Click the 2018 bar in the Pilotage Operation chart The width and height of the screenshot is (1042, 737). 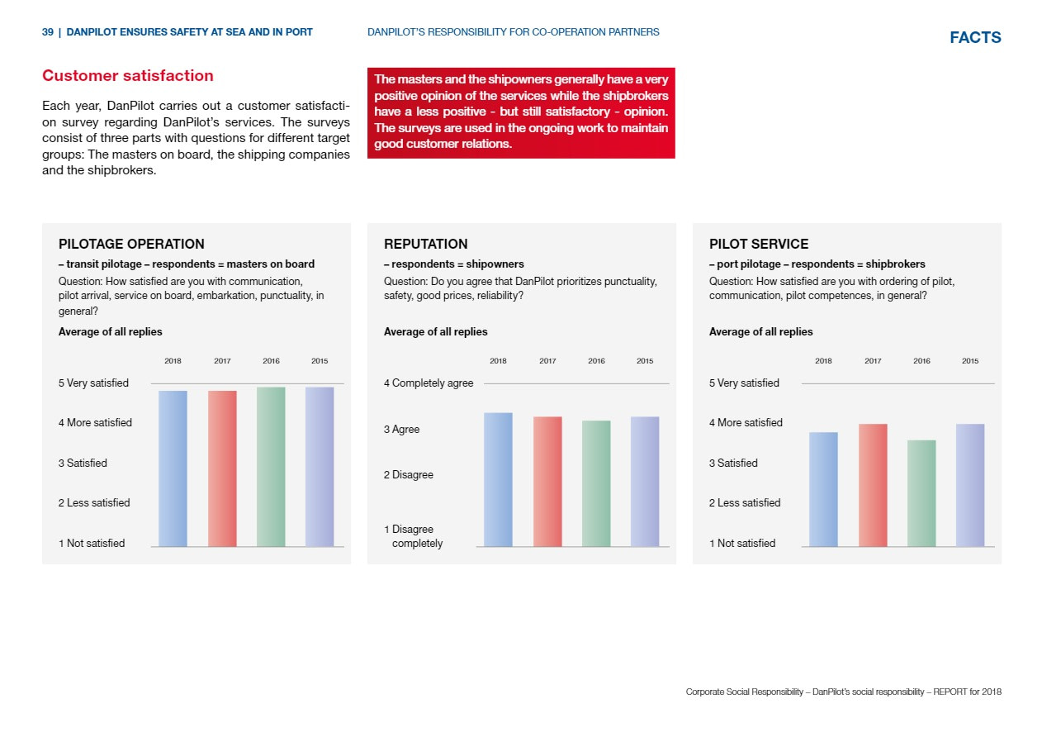[x=173, y=468]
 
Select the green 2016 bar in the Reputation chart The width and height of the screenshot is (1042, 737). [x=596, y=483]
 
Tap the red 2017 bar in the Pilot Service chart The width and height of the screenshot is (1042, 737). [x=873, y=485]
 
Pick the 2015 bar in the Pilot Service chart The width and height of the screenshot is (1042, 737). [x=970, y=485]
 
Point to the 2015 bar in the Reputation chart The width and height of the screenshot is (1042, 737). [x=645, y=482]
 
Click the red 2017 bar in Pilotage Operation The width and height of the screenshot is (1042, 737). [x=222, y=468]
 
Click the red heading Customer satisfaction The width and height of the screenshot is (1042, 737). [x=128, y=75]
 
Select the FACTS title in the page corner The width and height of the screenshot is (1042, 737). [x=975, y=37]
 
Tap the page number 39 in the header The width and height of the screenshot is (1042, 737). [x=47, y=32]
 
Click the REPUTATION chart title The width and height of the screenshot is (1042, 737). [x=426, y=244]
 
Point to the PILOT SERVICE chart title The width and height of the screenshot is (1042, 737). [x=759, y=244]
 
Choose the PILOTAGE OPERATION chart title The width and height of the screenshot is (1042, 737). [x=131, y=244]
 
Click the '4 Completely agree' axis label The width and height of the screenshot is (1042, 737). [x=429, y=383]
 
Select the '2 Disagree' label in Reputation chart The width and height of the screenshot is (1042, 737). [x=409, y=475]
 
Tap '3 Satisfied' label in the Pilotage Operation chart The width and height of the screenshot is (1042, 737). [x=83, y=464]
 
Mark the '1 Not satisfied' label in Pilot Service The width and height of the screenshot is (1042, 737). [x=742, y=544]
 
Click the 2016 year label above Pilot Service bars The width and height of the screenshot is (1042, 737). [x=921, y=361]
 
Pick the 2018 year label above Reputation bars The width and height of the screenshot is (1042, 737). [x=498, y=361]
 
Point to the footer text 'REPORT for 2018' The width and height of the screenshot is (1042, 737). [x=967, y=692]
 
